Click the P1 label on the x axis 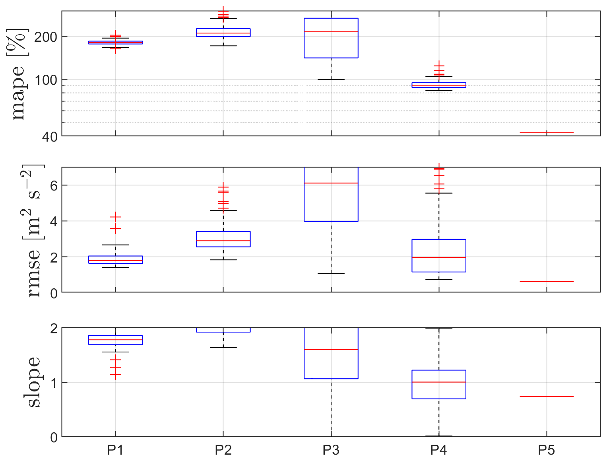(x=115, y=450)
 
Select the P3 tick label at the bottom (x=331, y=450)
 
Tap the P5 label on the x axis (x=546, y=450)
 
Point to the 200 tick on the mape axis (x=46, y=37)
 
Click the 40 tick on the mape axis (x=50, y=137)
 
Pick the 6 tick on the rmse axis (x=54, y=185)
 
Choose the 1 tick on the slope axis (x=54, y=383)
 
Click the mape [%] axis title (x=17, y=74)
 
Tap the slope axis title (x=33, y=382)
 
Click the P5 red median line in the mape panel (x=546, y=132)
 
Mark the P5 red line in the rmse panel (x=546, y=282)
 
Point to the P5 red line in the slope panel (x=546, y=397)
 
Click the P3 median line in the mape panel (x=331, y=31)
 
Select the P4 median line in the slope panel (x=438, y=382)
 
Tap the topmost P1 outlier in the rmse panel (x=115, y=217)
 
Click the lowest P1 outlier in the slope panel (x=115, y=375)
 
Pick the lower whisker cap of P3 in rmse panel (x=331, y=273)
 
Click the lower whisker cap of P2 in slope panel (x=223, y=348)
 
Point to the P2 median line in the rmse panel (x=223, y=241)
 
